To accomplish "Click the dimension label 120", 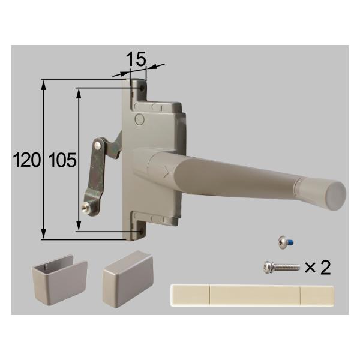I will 28,160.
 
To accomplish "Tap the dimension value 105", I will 62,160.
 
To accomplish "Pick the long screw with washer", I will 279,266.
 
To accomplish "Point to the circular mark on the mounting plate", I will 139,119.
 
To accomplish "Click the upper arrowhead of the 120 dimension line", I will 43,83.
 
